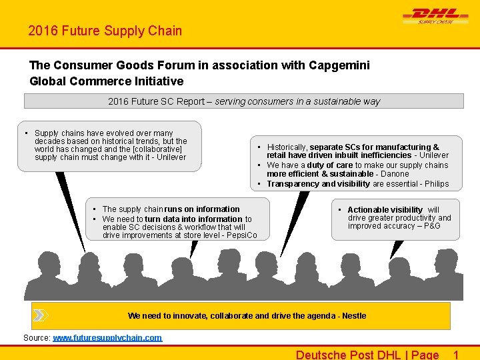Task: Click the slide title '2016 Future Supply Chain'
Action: [x=105, y=31]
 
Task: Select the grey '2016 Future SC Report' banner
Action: [x=244, y=101]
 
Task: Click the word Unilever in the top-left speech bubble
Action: [x=171, y=157]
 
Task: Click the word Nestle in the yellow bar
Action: [x=353, y=315]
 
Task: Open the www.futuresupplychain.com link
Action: [x=107, y=338]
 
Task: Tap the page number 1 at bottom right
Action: [x=456, y=354]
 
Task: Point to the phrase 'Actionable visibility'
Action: [x=385, y=209]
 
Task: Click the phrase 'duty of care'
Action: [x=329, y=165]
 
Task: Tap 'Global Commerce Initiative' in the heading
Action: [x=107, y=81]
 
